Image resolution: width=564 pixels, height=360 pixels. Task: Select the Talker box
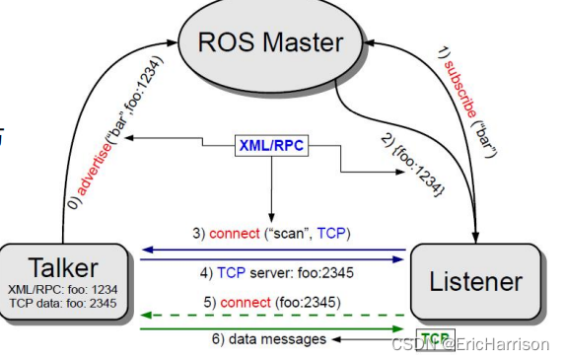click(63, 280)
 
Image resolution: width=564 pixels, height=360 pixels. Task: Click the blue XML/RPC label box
click(269, 145)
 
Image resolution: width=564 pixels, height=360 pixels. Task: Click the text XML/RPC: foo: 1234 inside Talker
click(62, 291)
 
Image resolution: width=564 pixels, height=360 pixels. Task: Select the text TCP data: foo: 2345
click(62, 305)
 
